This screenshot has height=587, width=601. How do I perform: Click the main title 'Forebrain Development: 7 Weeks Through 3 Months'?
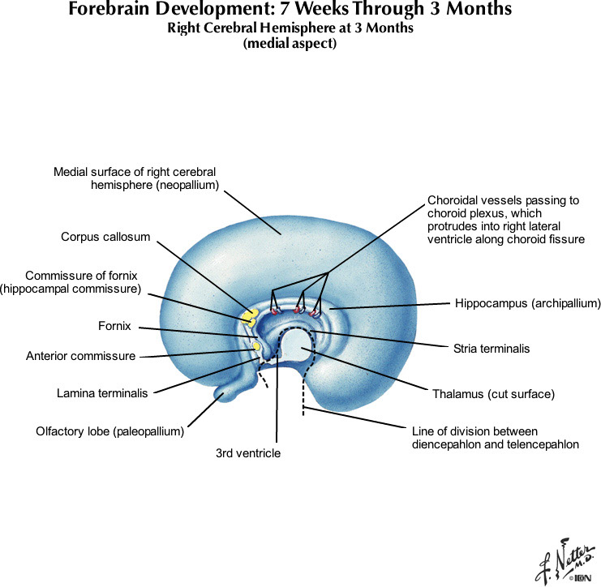(290, 11)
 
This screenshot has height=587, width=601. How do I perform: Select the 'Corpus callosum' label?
(105, 238)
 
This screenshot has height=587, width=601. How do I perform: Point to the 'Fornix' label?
(114, 327)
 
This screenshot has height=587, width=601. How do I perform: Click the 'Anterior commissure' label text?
(80, 355)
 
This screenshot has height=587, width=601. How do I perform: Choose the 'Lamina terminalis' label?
(102, 394)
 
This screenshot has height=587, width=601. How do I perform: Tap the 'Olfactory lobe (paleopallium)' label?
(109, 431)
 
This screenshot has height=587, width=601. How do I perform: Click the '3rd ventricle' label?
(248, 453)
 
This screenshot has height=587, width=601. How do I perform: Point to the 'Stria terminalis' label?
(492, 349)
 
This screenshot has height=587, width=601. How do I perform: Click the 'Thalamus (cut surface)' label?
(494, 395)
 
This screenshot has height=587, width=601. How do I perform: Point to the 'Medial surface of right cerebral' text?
(135, 172)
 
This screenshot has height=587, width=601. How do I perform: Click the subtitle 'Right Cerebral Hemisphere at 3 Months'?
(290, 28)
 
